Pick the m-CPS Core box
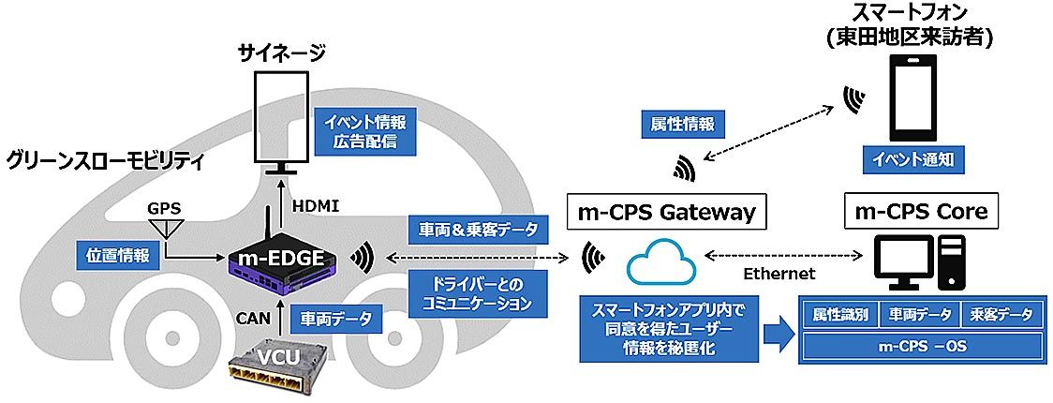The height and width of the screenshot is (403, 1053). pos(920,212)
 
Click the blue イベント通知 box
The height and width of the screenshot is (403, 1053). pos(911,160)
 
